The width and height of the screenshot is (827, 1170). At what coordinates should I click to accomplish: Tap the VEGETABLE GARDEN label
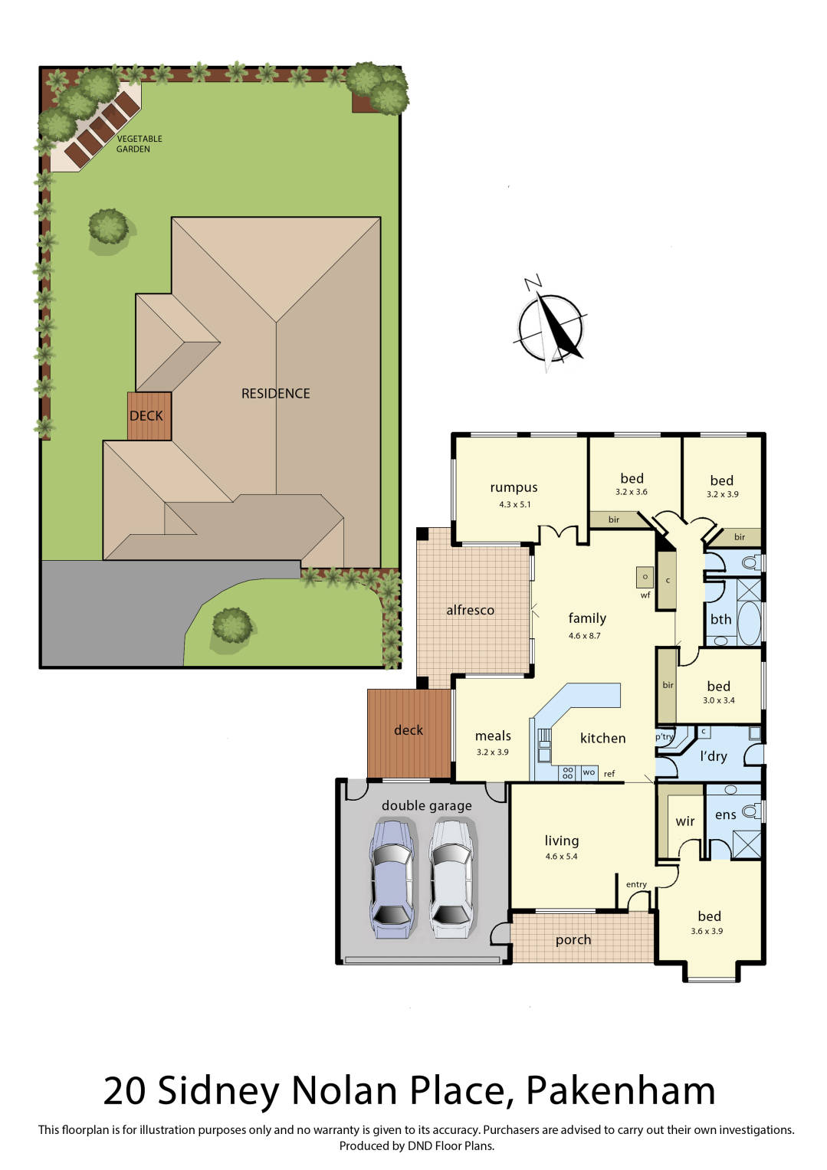(139, 144)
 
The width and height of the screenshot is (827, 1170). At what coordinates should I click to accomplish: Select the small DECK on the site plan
(149, 416)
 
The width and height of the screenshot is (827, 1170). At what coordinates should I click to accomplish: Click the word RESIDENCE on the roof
(275, 393)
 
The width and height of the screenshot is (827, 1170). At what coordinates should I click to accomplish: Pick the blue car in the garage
(392, 878)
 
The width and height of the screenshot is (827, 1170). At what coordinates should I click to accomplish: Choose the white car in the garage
(450, 878)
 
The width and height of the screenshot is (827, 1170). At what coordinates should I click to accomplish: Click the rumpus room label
(514, 487)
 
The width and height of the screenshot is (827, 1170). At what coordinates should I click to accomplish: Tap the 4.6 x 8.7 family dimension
(584, 635)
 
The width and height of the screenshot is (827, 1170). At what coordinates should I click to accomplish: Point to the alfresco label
(470, 610)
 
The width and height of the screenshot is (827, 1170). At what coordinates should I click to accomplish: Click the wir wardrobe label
(684, 821)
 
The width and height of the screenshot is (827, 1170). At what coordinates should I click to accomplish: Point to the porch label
(573, 939)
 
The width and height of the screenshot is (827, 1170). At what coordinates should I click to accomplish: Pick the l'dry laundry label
(713, 756)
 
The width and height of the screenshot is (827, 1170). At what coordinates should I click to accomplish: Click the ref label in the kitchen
(609, 774)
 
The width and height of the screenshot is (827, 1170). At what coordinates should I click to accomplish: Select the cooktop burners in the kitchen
(567, 773)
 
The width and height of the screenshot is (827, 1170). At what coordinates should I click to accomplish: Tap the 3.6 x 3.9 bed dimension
(706, 931)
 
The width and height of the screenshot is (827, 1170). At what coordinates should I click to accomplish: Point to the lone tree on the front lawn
(232, 625)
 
